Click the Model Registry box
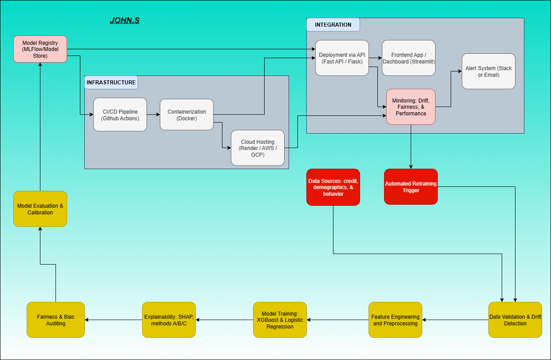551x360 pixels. pyautogui.click(x=40, y=49)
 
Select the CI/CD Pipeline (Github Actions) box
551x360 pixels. pyautogui.click(x=120, y=115)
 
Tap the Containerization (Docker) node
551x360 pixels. pyautogui.click(x=186, y=115)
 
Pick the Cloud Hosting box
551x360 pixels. pyautogui.click(x=258, y=148)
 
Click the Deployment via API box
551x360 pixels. pyautogui.click(x=342, y=58)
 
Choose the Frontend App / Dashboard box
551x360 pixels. pyautogui.click(x=408, y=58)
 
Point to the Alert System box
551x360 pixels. pyautogui.click(x=488, y=71)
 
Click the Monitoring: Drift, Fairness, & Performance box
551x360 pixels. pyautogui.click(x=411, y=107)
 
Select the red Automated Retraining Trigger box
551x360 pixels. pyautogui.click(x=411, y=186)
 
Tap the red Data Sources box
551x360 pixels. pyautogui.click(x=333, y=187)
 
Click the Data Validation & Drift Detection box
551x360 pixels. pyautogui.click(x=515, y=320)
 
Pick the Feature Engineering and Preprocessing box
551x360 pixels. pyautogui.click(x=395, y=320)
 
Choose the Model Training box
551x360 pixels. pyautogui.click(x=280, y=320)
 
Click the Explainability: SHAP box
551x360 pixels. pyautogui.click(x=169, y=320)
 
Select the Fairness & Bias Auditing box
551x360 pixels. pyautogui.click(x=55, y=320)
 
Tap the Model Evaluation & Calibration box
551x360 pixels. pyautogui.click(x=40, y=209)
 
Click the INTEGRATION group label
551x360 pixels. pyautogui.click(x=333, y=25)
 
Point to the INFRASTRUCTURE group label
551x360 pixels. pyautogui.click(x=111, y=83)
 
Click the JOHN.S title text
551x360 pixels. pyautogui.click(x=125, y=20)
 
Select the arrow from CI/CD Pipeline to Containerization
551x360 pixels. pyautogui.click(x=153, y=115)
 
